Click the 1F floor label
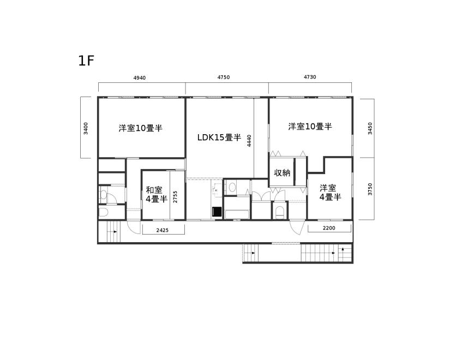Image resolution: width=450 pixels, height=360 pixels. click(x=86, y=61)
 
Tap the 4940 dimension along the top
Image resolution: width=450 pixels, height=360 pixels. click(x=140, y=78)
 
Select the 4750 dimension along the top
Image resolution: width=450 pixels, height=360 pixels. click(x=224, y=77)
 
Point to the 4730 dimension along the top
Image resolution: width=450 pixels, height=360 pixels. click(x=310, y=77)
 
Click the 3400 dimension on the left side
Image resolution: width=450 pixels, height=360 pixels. click(x=86, y=128)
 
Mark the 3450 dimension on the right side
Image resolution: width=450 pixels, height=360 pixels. click(x=370, y=128)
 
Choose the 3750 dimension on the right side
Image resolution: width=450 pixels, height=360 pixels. click(x=370, y=189)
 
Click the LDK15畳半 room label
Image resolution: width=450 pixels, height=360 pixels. click(x=219, y=137)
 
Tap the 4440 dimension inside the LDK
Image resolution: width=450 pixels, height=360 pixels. click(x=249, y=141)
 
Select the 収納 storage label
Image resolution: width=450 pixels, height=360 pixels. click(x=282, y=173)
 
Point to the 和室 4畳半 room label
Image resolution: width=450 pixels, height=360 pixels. click(x=157, y=194)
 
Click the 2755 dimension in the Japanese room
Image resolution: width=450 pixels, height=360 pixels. click(x=175, y=197)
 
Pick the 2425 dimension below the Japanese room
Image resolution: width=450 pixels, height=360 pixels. click(x=163, y=230)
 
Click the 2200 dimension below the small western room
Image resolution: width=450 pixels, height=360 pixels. click(x=329, y=228)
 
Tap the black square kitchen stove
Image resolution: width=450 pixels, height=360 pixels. click(x=217, y=212)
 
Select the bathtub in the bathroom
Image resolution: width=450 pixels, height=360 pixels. click(x=237, y=214)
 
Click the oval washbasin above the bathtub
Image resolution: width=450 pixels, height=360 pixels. click(x=232, y=188)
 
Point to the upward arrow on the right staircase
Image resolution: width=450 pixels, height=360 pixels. click(x=343, y=249)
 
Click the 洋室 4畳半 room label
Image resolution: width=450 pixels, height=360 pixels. click(x=330, y=193)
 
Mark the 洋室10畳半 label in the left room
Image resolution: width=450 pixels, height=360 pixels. click(x=141, y=128)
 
